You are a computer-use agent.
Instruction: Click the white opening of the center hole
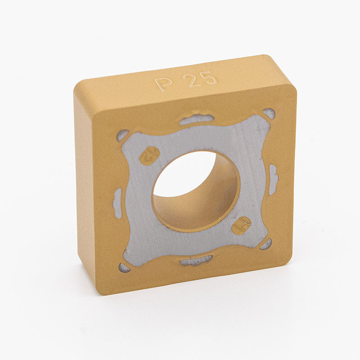(184, 175)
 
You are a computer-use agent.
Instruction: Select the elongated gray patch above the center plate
(197, 119)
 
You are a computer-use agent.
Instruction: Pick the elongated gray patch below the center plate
(196, 261)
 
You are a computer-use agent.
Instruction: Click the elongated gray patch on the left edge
(118, 200)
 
